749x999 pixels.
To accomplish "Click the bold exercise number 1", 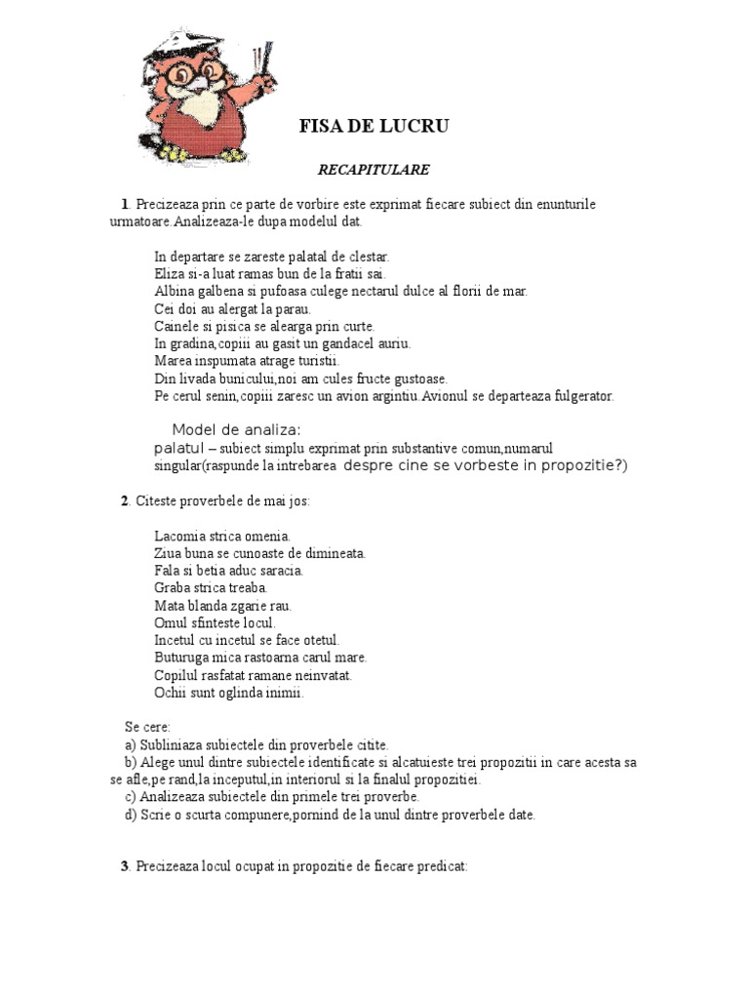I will [125, 204].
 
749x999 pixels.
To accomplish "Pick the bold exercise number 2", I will [125, 501].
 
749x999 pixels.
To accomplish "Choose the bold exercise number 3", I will [125, 865].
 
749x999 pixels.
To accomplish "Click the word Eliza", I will [169, 274].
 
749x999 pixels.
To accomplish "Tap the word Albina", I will [174, 292].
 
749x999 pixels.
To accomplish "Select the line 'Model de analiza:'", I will [237, 430].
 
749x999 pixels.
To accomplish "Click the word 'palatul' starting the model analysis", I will [178, 448].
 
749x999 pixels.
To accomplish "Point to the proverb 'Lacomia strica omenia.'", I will [222, 536].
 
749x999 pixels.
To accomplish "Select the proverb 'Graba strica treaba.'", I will [211, 588].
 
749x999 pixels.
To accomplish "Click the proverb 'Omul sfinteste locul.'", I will [215, 622].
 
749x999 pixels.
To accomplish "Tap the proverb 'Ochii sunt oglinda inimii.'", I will [229, 693].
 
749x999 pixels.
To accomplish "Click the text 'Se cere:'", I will [147, 727].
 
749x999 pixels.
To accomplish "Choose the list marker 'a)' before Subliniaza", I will [130, 744].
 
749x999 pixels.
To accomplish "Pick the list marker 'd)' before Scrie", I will [130, 815].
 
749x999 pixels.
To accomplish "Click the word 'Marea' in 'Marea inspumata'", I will [172, 361].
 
